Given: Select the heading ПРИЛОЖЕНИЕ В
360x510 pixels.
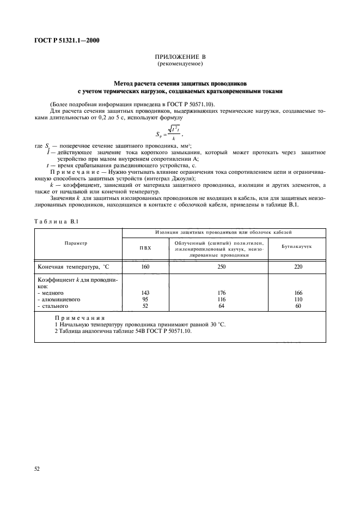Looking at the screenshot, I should [x=180, y=57].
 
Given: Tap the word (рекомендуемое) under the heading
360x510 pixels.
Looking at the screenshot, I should [x=180, y=64].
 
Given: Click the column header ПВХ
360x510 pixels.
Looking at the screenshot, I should [x=145, y=247].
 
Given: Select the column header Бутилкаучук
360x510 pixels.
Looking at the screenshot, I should [x=296, y=247].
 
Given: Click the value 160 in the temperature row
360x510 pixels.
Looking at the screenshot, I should [x=145, y=267].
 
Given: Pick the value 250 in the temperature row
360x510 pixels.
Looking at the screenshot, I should [x=222, y=267].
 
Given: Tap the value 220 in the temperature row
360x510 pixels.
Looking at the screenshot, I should [x=297, y=267].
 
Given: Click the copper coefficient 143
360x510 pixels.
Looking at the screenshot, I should [x=145, y=293].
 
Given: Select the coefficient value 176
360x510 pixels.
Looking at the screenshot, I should [x=222, y=293].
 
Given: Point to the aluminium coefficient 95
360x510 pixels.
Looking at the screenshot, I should [x=145, y=299].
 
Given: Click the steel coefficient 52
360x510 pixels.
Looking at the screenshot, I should [x=145, y=306].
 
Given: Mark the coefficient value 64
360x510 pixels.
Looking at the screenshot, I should [x=222, y=306].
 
